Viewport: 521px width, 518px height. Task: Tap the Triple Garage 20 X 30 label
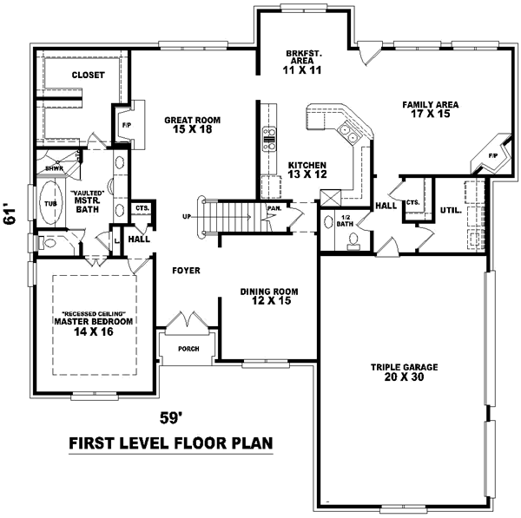click(405, 372)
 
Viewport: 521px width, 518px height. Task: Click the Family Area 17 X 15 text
click(430, 109)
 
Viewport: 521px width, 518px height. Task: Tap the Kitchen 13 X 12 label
click(307, 168)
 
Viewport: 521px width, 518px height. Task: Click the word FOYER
click(186, 271)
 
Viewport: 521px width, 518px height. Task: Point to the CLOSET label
click(89, 75)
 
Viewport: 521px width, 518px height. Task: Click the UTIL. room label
click(450, 210)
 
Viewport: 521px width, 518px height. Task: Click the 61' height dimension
click(11, 214)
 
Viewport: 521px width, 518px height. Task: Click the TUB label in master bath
click(50, 205)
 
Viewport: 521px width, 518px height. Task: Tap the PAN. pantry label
click(274, 208)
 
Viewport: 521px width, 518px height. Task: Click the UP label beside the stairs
click(187, 216)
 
